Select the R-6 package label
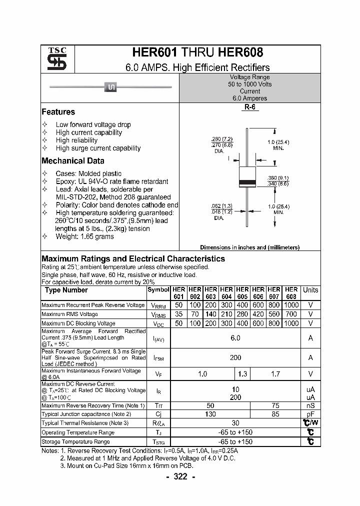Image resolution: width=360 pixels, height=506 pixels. click(249, 107)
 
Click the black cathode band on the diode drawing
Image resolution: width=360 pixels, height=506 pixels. click(248, 182)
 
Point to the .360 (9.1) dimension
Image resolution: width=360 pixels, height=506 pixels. click(278, 178)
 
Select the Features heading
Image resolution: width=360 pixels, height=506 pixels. click(58, 112)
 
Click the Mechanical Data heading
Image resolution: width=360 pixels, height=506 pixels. click(72, 161)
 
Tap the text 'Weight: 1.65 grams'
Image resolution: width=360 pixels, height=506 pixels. click(84, 236)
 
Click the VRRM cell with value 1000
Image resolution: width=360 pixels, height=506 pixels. click(291, 305)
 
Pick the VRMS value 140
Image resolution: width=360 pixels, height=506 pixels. click(210, 314)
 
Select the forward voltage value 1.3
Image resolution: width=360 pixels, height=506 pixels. click(242, 373)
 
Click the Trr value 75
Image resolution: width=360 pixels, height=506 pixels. click(275, 405)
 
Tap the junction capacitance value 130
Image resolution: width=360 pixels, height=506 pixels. click(210, 414)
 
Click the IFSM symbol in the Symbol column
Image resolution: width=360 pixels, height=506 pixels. click(158, 358)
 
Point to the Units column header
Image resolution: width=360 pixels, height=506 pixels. click(310, 290)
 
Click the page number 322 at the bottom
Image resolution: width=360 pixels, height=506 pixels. click(180, 477)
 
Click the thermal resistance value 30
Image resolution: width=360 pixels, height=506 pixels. click(235, 423)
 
